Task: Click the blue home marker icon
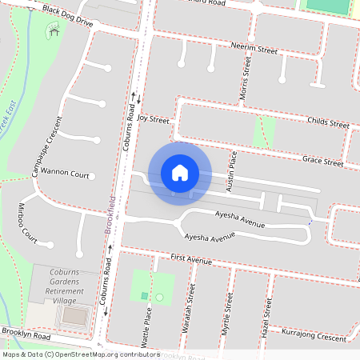(x=180, y=172)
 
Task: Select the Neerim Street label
(x=253, y=50)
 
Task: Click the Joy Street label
(x=154, y=119)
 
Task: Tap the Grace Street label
(x=322, y=162)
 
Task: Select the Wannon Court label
(x=66, y=173)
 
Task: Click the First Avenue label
(x=191, y=260)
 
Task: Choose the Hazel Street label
(x=265, y=315)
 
